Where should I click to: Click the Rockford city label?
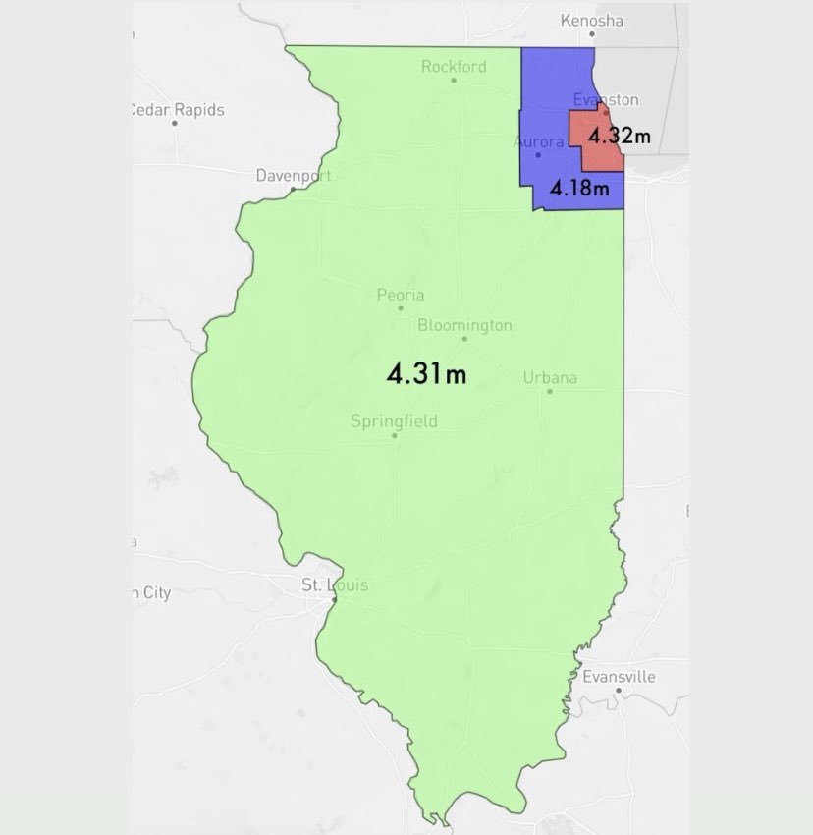click(x=454, y=67)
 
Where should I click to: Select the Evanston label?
click(x=605, y=99)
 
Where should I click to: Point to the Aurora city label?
click(x=538, y=141)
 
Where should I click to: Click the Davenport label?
click(x=294, y=176)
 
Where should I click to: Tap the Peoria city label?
click(x=401, y=294)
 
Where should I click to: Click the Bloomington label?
click(x=464, y=324)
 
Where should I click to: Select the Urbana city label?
click(x=550, y=377)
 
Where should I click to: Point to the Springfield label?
click(x=394, y=421)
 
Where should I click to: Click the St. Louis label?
click(x=335, y=585)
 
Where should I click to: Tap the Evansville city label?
click(x=619, y=677)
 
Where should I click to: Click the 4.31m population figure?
click(x=425, y=373)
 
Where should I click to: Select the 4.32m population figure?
click(x=619, y=137)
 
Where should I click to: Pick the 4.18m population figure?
click(x=579, y=188)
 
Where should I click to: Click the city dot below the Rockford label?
click(x=454, y=81)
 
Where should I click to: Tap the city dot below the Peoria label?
click(x=401, y=307)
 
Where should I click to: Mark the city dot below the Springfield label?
click(x=394, y=435)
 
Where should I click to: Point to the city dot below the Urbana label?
click(x=550, y=391)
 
